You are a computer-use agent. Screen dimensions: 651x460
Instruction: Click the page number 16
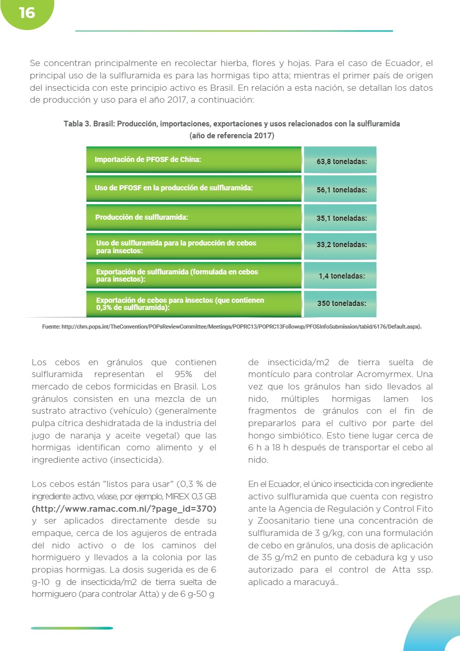(x=27, y=13)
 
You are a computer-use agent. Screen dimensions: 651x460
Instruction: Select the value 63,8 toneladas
(x=341, y=161)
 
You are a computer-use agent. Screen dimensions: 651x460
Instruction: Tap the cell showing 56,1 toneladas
(x=341, y=190)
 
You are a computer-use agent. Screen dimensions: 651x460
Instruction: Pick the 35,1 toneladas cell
(x=341, y=218)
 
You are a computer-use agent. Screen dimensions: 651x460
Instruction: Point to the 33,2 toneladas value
(x=341, y=245)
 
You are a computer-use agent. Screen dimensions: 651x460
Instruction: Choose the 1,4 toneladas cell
(x=341, y=276)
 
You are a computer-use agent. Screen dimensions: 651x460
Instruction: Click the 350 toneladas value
(x=341, y=303)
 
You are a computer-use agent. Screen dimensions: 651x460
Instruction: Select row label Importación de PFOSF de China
(x=147, y=159)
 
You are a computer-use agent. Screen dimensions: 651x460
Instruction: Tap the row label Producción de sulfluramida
(x=141, y=217)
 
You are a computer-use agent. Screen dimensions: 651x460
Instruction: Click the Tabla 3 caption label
(x=77, y=124)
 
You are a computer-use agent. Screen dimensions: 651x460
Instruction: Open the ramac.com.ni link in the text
(x=124, y=509)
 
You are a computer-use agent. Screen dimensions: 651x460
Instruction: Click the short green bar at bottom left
(x=72, y=628)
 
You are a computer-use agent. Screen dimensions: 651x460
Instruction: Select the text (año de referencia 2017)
(x=232, y=136)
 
